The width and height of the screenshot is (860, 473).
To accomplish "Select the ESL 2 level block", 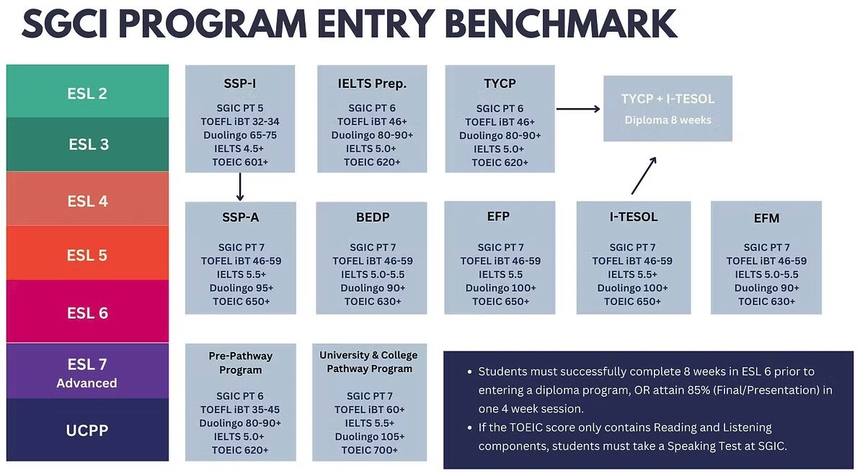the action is click(x=88, y=91).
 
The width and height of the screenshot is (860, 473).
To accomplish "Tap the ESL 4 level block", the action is click(x=88, y=199).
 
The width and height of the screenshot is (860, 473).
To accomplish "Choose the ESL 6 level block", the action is click(x=88, y=312).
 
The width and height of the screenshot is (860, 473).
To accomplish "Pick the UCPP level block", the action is click(x=88, y=430).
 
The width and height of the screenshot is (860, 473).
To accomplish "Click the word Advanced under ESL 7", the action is click(x=87, y=383).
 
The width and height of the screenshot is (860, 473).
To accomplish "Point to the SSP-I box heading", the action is click(x=240, y=84).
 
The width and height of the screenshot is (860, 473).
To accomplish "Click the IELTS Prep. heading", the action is click(x=372, y=84).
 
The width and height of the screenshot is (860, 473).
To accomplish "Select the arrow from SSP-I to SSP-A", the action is click(x=239, y=186).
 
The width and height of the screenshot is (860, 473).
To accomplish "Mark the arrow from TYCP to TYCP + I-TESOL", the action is click(x=578, y=109).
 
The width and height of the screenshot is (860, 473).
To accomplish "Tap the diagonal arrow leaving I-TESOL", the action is click(x=644, y=176).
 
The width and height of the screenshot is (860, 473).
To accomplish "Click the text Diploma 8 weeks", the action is click(x=668, y=120).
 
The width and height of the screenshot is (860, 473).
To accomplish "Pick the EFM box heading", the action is click(x=766, y=218).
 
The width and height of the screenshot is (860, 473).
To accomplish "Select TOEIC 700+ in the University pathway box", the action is click(x=370, y=450).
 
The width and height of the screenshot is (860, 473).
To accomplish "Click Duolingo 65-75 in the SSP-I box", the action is click(x=240, y=135).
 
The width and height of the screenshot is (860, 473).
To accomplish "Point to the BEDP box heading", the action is click(x=373, y=217).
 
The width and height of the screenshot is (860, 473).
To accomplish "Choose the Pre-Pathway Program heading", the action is click(x=240, y=363).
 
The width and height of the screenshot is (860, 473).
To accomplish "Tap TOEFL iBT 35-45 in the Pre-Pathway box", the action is click(x=240, y=410).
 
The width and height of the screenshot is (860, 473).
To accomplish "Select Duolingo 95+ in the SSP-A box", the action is click(x=241, y=288).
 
